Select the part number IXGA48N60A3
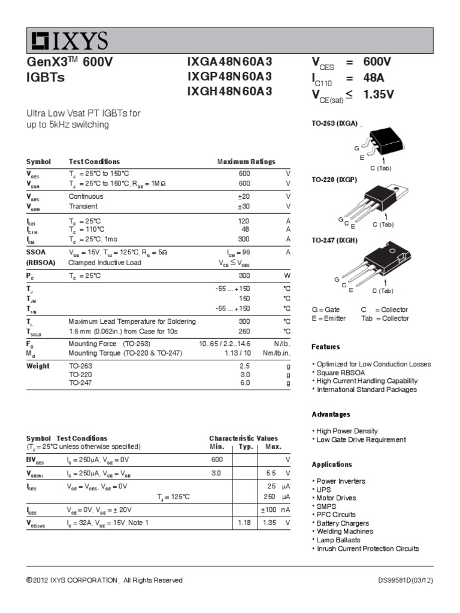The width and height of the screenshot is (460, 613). pyautogui.click(x=229, y=62)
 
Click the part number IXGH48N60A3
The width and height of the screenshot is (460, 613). pyautogui.click(x=229, y=91)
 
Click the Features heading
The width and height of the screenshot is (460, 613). pyautogui.click(x=326, y=347)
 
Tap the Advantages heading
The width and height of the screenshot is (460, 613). pyautogui.click(x=331, y=414)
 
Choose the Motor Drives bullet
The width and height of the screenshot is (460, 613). pyautogui.click(x=337, y=498)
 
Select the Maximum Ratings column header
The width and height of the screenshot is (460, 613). pyautogui.click(x=246, y=162)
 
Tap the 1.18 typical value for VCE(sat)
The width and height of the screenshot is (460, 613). pyautogui.click(x=243, y=523)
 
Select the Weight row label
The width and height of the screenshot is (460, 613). pyautogui.click(x=38, y=366)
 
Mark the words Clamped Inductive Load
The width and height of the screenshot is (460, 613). pyautogui.click(x=105, y=262)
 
